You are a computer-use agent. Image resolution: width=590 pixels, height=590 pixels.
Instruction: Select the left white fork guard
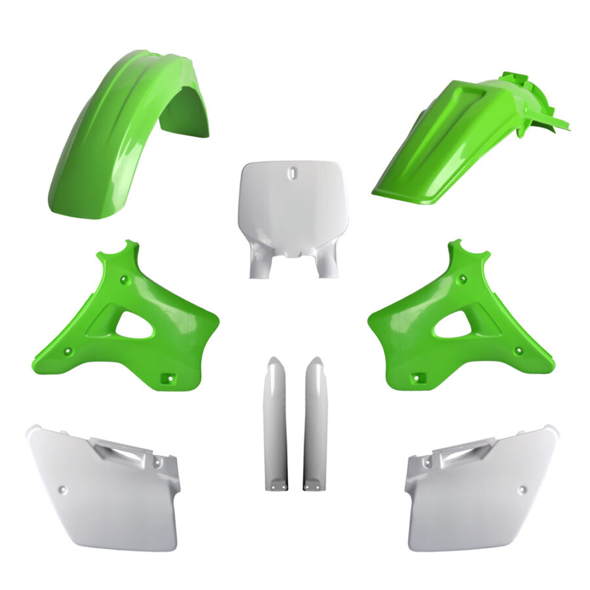pyautogui.click(x=275, y=426)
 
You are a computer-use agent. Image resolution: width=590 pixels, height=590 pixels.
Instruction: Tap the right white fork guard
pyautogui.click(x=315, y=426)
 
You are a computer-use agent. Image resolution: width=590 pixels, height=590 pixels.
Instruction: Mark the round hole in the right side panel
pyautogui.click(x=522, y=489)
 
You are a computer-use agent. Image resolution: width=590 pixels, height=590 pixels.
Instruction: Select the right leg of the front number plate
pyautogui.click(x=326, y=262)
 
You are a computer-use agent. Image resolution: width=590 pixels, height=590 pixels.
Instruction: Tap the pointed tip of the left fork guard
pyautogui.click(x=275, y=361)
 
